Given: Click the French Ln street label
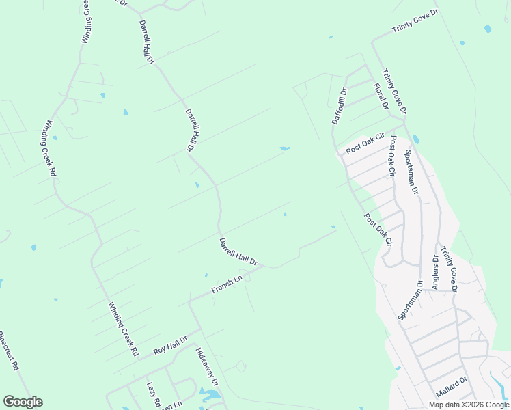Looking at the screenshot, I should click(x=227, y=285).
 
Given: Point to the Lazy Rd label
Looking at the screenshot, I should click(x=152, y=394).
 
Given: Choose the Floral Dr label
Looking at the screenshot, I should click(x=381, y=96).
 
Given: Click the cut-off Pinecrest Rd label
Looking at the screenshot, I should click(x=10, y=350).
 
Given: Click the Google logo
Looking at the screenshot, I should click(x=23, y=402).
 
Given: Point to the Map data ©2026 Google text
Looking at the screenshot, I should click(x=469, y=405).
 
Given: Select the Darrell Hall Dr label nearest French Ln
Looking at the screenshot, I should click(x=238, y=251).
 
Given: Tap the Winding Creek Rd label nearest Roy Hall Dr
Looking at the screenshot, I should click(x=124, y=330).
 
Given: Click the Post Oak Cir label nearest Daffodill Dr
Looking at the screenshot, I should click(x=365, y=143).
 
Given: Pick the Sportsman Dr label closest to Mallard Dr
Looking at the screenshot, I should click(x=411, y=300).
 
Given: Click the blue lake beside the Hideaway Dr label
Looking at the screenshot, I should click(x=210, y=395).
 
